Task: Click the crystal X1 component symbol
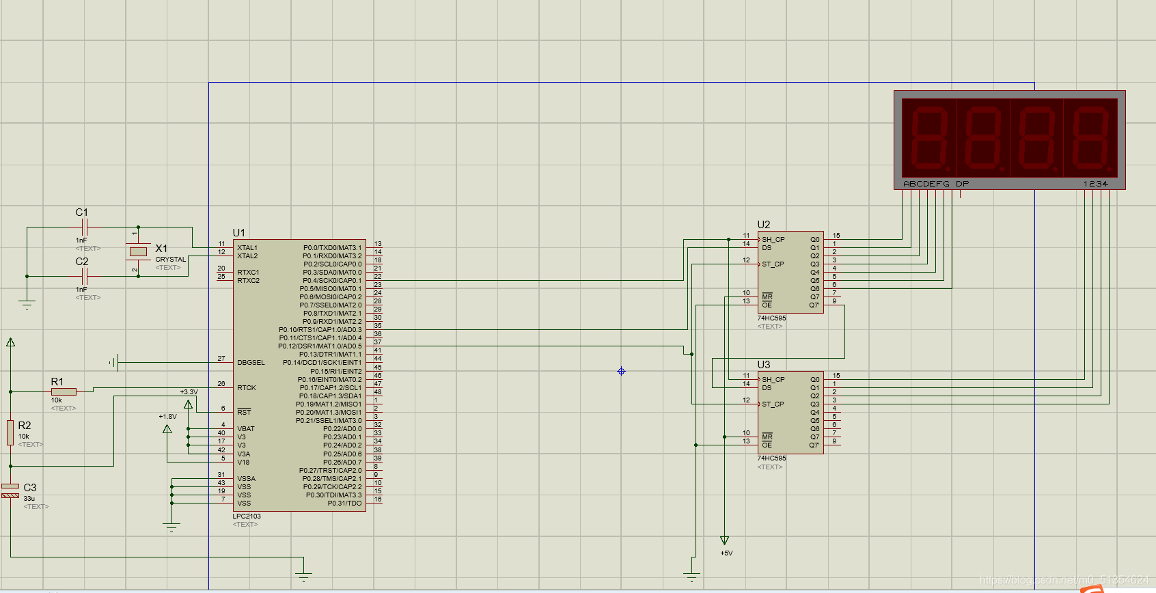138,251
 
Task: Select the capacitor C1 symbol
84,227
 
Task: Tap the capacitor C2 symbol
84,276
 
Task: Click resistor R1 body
64,391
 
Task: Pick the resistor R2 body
10,432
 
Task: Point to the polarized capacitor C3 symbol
10,491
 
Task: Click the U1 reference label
238,233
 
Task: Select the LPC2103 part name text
247,516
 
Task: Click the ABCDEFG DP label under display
935,184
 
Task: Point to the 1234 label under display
1095,184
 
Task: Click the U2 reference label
763,225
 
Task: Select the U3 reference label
763,365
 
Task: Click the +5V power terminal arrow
725,540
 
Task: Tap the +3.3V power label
189,392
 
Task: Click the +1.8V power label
167,416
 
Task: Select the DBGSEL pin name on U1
251,363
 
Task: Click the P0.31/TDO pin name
344,504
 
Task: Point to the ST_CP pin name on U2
773,264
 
